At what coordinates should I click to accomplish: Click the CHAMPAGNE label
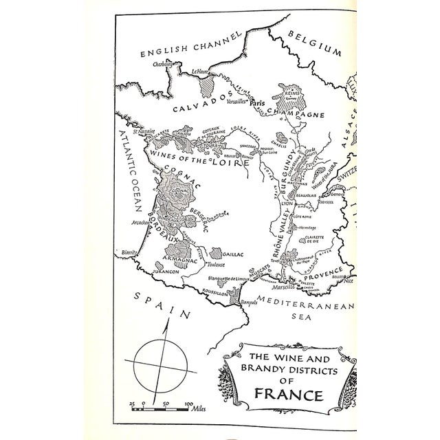pos(291,111)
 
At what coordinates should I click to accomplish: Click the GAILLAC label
pos(233,254)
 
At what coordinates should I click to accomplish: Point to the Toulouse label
pos(217,264)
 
